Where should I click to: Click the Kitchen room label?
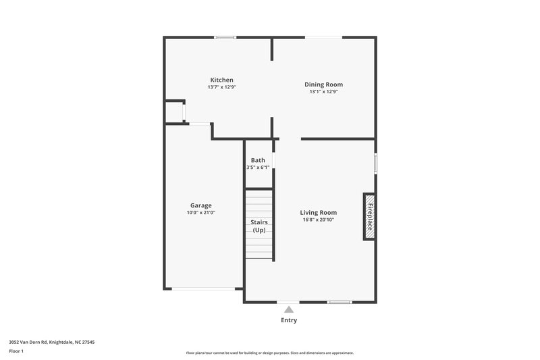click(x=221, y=80)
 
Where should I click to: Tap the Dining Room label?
click(x=323, y=84)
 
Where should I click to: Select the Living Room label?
click(x=318, y=212)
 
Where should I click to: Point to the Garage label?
click(x=200, y=205)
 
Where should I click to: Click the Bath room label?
click(x=258, y=160)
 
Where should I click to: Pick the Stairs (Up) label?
click(x=259, y=226)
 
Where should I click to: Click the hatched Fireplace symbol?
click(x=369, y=216)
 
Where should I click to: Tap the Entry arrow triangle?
click(x=288, y=309)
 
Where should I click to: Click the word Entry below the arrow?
click(x=288, y=320)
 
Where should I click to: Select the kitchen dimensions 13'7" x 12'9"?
click(x=221, y=87)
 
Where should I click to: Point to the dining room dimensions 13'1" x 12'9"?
click(x=323, y=92)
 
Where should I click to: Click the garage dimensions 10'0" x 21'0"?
click(x=200, y=213)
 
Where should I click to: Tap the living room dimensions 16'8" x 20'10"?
click(x=318, y=220)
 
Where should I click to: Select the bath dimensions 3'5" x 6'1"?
click(x=258, y=168)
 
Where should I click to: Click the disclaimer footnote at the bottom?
click(x=269, y=353)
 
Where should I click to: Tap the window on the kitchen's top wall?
click(x=225, y=37)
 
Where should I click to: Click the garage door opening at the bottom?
click(x=203, y=289)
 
